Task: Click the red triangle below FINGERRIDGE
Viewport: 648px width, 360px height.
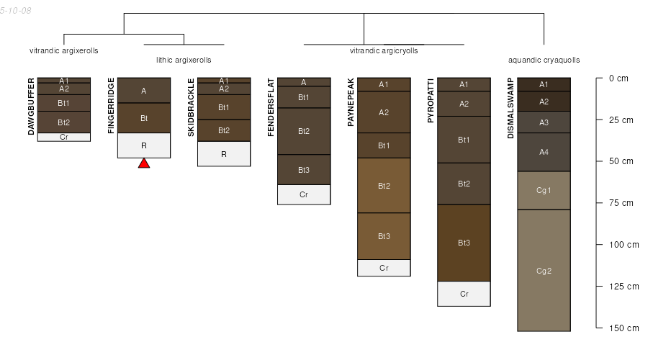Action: [x=144, y=163]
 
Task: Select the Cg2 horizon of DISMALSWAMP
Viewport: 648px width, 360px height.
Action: [x=544, y=270]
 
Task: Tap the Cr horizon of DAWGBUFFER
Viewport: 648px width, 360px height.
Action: [x=64, y=137]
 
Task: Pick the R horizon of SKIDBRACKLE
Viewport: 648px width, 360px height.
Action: [x=224, y=154]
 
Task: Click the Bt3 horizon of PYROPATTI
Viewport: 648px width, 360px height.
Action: [x=464, y=243]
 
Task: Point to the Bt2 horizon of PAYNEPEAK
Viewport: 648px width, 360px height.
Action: [x=384, y=186]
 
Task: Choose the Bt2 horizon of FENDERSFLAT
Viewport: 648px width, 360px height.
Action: [x=304, y=131]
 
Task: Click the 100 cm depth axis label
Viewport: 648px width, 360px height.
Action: [x=624, y=245]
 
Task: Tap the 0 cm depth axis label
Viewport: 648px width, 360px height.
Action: [x=618, y=78]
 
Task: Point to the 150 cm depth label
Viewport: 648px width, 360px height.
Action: [x=624, y=328]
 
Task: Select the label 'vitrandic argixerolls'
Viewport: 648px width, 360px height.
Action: [x=63, y=51]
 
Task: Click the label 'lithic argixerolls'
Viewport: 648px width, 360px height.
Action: [x=184, y=60]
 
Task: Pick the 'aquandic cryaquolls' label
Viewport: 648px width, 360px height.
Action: [x=544, y=60]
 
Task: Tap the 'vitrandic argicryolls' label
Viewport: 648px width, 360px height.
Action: [x=384, y=51]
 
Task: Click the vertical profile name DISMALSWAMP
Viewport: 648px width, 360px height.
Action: [x=510, y=108]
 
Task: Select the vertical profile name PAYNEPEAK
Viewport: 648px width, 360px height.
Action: [x=351, y=102]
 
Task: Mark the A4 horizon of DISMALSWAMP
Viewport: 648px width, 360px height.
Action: [x=544, y=152]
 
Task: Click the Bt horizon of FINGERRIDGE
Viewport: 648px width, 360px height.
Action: [x=144, y=118]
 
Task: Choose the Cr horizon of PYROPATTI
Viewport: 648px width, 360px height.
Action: [x=464, y=294]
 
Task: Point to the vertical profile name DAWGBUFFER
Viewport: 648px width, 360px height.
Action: [x=31, y=107]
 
